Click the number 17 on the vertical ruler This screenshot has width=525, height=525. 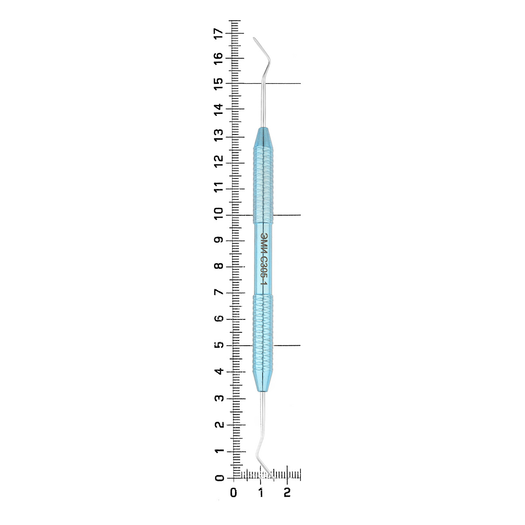click(x=218, y=34)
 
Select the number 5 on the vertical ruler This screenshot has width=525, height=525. click(x=219, y=345)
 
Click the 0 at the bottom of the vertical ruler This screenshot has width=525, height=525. click(x=219, y=478)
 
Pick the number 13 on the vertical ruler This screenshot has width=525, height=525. click(x=218, y=135)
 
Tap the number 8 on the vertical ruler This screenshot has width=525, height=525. click(x=219, y=266)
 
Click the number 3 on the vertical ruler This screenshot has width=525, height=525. click(x=219, y=398)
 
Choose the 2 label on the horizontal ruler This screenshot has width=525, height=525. click(x=287, y=492)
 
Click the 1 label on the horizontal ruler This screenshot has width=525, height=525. click(x=261, y=492)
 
